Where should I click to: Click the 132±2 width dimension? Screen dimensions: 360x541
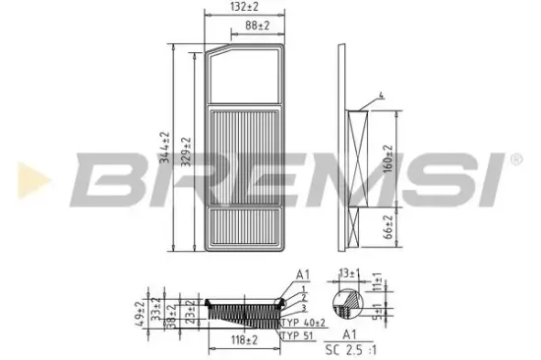(242, 8)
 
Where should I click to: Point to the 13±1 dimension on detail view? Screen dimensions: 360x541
(348, 273)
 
